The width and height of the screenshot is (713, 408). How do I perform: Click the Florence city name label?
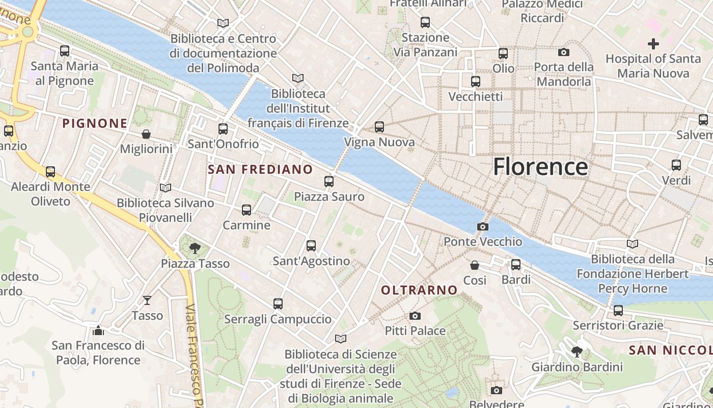tap(540, 167)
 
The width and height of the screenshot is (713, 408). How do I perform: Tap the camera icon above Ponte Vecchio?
tap(482, 226)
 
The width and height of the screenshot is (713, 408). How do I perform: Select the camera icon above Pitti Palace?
tap(415, 316)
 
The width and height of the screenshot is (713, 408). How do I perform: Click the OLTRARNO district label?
tap(420, 290)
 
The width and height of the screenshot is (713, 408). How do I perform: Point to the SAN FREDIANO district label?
tap(260, 169)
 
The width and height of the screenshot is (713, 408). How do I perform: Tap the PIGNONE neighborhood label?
tap(95, 123)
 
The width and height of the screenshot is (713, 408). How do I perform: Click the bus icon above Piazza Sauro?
tap(329, 181)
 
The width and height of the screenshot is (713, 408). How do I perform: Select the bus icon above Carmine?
tap(246, 210)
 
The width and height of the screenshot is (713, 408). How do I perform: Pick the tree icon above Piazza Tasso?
tap(194, 248)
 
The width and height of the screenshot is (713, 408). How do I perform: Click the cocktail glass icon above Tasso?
tap(147, 300)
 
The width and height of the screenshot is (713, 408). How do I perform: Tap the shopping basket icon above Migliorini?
tap(146, 134)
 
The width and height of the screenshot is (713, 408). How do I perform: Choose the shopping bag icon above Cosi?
tap(475, 265)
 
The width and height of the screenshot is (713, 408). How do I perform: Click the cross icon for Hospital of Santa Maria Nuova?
tap(653, 44)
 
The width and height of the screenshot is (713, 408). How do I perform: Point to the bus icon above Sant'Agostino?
tap(311, 246)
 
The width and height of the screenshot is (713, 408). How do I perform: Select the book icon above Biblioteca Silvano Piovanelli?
tap(166, 188)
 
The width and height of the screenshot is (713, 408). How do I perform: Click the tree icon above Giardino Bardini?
tap(577, 351)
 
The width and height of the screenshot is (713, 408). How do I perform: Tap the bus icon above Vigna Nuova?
tap(379, 127)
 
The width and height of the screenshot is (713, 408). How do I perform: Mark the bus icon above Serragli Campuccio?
tap(278, 304)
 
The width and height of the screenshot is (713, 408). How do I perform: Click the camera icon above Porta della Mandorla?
tap(564, 52)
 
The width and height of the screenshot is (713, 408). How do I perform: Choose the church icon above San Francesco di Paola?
tap(98, 330)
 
